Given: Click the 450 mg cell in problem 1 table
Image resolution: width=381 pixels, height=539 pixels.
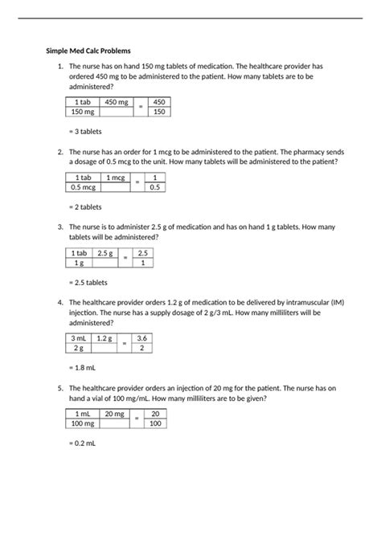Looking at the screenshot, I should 117,102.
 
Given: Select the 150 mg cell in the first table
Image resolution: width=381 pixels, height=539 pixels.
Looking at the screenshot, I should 82,112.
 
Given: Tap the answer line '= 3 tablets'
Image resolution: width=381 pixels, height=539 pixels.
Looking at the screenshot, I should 85,131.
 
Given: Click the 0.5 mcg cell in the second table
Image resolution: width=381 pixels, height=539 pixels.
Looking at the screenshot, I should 82,187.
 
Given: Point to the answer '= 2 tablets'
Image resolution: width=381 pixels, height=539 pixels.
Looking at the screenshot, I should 85,206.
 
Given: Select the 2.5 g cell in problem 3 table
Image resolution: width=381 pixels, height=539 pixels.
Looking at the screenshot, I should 104,253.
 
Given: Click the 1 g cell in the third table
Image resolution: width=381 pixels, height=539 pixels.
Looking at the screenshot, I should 79,263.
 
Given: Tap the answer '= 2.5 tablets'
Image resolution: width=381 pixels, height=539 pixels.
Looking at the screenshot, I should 88,282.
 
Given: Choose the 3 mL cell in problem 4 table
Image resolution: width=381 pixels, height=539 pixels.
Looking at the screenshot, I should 79,338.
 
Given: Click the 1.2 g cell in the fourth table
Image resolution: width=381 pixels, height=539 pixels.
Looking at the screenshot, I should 104,338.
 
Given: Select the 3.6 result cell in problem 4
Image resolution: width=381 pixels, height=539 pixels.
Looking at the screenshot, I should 141,338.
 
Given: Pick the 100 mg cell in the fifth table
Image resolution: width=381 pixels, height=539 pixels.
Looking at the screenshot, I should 82,423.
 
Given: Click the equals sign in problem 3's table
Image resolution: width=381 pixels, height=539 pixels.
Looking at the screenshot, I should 125,258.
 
